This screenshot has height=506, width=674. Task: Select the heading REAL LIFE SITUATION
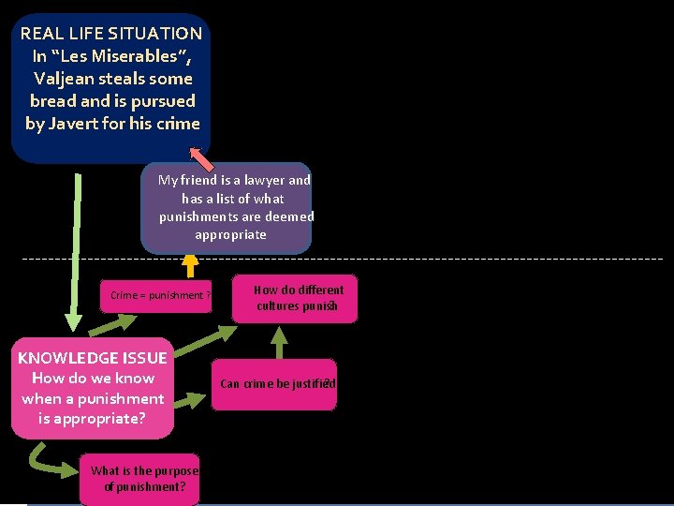pos(111,33)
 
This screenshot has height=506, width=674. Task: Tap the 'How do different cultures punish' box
pos(297,298)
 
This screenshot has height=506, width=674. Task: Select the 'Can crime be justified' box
pos(274,383)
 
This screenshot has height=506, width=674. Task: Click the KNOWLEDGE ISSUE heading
pos(93,358)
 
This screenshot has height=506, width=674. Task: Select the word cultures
pos(278,306)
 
